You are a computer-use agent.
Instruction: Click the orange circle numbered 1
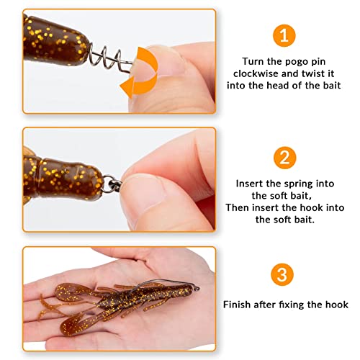tap(284, 35)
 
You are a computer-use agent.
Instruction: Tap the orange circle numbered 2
tap(285, 158)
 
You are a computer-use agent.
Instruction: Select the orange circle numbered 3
tap(282, 274)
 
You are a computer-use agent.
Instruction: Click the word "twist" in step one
tap(312, 73)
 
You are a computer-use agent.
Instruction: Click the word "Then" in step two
tap(238, 207)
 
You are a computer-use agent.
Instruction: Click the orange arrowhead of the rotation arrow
tap(127, 87)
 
